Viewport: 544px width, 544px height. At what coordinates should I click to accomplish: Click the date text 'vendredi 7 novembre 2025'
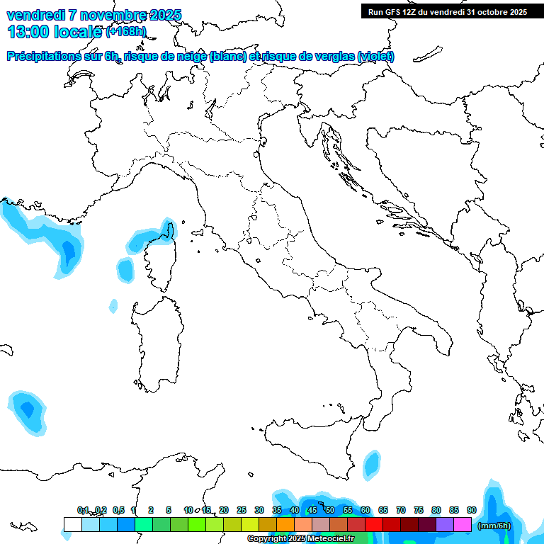(93, 15)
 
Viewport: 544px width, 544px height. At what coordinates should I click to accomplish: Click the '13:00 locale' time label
(54, 31)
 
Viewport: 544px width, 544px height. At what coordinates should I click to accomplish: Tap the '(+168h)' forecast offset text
(126, 32)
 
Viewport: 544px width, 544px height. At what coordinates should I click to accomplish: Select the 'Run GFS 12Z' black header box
(447, 11)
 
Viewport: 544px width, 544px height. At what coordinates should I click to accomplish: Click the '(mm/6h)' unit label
(494, 525)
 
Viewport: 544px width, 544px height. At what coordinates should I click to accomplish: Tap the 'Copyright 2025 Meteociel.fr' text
(300, 539)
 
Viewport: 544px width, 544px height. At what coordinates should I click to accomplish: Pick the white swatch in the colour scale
(72, 525)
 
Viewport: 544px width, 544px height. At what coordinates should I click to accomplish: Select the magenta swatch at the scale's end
(463, 525)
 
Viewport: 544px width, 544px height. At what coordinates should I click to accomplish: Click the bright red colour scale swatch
(374, 525)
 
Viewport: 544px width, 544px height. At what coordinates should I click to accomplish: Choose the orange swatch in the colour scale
(285, 525)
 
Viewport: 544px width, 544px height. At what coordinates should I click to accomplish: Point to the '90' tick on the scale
(472, 510)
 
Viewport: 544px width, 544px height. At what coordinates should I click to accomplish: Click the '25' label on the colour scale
(242, 510)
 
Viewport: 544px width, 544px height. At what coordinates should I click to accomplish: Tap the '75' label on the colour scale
(419, 510)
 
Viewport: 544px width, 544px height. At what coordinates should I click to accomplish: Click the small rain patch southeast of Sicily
(371, 465)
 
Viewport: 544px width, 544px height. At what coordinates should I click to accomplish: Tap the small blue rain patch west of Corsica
(125, 269)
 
